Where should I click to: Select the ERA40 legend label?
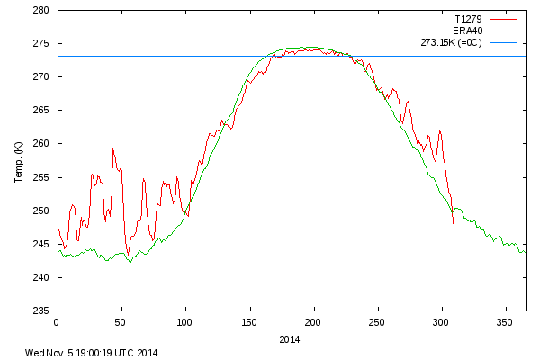(x=468, y=30)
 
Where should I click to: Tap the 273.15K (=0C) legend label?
(x=452, y=42)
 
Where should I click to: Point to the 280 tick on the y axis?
(x=42, y=11)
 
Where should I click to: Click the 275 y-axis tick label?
(x=42, y=44)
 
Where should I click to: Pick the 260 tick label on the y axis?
(x=42, y=144)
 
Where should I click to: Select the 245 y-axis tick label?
(x=42, y=244)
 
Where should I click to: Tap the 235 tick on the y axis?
(x=42, y=310)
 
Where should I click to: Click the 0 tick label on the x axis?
(x=57, y=321)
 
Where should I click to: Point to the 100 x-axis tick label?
(x=185, y=321)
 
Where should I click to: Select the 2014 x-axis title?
(x=290, y=339)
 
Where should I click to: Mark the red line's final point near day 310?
(x=454, y=228)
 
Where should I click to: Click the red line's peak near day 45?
(x=113, y=148)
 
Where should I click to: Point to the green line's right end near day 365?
(x=526, y=252)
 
